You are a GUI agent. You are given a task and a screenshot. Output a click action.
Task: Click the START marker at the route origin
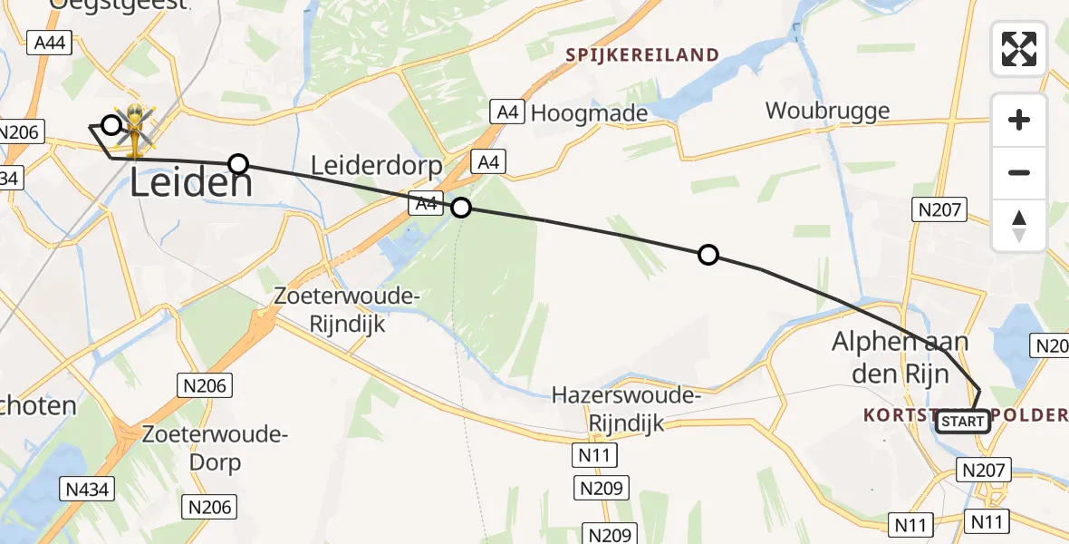tap(962, 422)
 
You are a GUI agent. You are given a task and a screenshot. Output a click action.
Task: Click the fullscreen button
tap(1019, 49)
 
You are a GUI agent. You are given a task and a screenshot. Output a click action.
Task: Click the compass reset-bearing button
tap(1019, 226)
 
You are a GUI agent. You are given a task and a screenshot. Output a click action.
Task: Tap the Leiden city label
tap(191, 184)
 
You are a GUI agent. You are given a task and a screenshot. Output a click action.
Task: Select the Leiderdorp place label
tap(376, 165)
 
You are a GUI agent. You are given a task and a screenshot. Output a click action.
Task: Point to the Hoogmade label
tap(589, 113)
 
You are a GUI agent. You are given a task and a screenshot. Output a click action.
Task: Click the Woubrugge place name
tap(827, 111)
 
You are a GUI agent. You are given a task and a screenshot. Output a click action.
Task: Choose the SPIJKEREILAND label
tap(642, 55)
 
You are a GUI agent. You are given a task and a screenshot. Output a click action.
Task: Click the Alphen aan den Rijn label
tap(900, 355)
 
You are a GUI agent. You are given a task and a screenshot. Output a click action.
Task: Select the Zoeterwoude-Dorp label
tap(215, 448)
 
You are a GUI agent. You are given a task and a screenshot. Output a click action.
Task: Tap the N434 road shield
tap(88, 490)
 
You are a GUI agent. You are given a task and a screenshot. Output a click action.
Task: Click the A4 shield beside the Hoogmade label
tap(507, 112)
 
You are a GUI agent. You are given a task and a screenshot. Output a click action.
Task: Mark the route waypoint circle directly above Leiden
tap(238, 163)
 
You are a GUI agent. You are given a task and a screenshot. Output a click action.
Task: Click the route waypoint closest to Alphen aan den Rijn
tap(708, 255)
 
